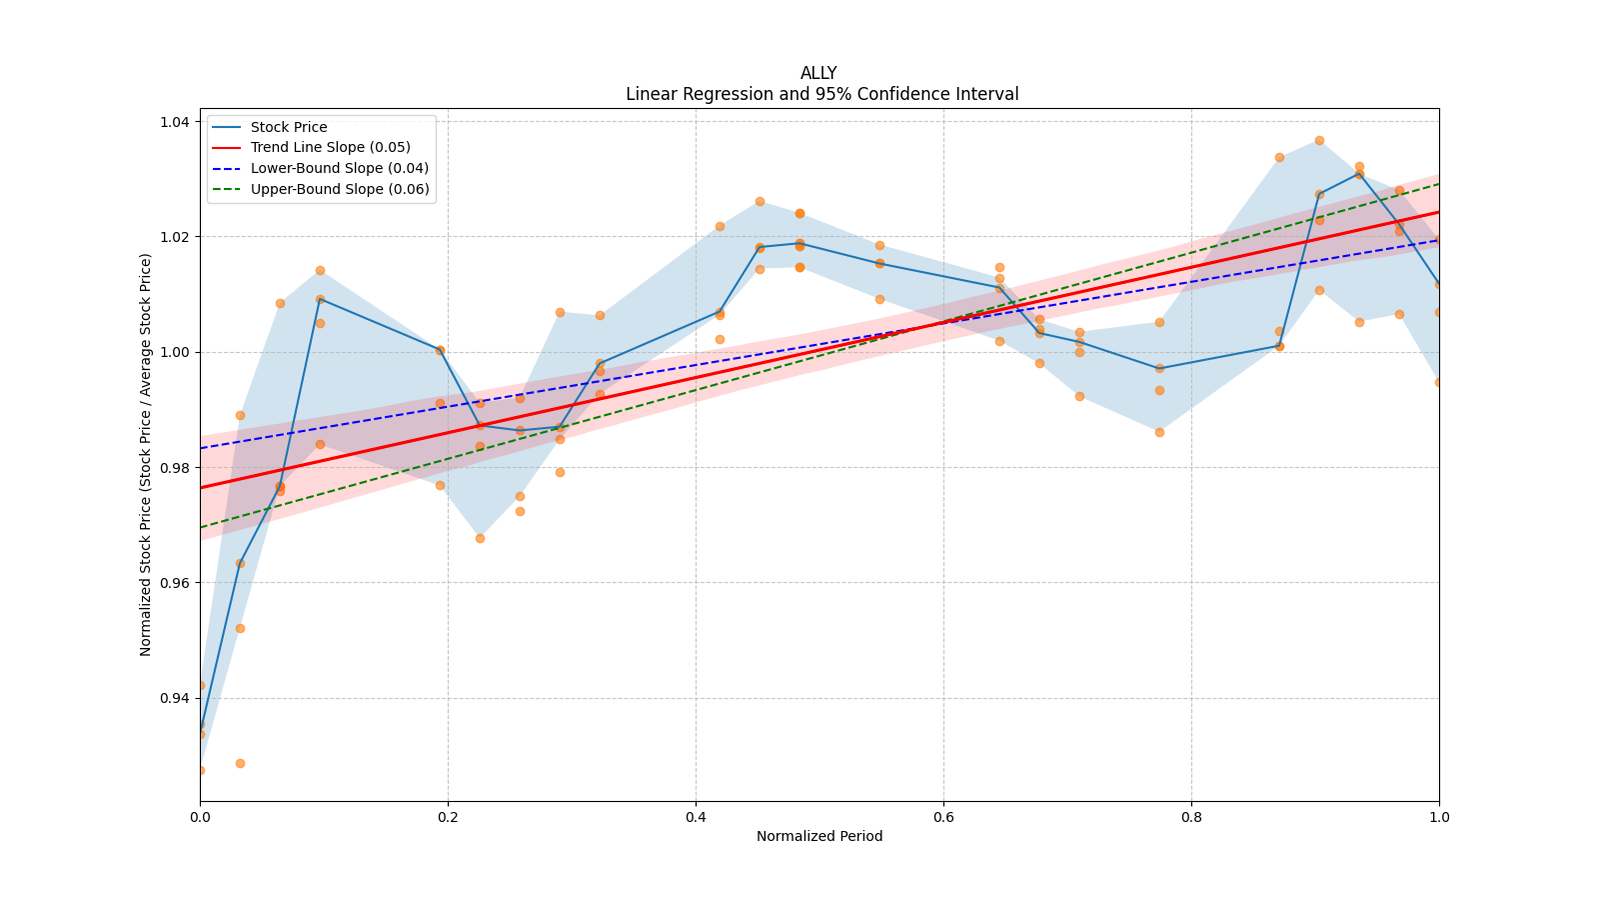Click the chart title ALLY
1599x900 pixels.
[818, 73]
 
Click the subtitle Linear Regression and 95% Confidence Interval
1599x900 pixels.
[821, 94]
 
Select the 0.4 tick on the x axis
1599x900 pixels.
[696, 817]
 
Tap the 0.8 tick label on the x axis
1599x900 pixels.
[1191, 817]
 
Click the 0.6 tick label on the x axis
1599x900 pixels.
[943, 817]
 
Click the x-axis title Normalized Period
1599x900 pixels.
[819, 836]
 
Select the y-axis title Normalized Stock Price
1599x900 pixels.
[146, 454]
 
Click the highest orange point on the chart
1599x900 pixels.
[1319, 140]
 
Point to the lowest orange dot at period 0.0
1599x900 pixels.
[200, 770]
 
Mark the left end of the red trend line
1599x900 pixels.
[200, 487]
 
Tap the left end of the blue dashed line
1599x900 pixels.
[200, 448]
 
